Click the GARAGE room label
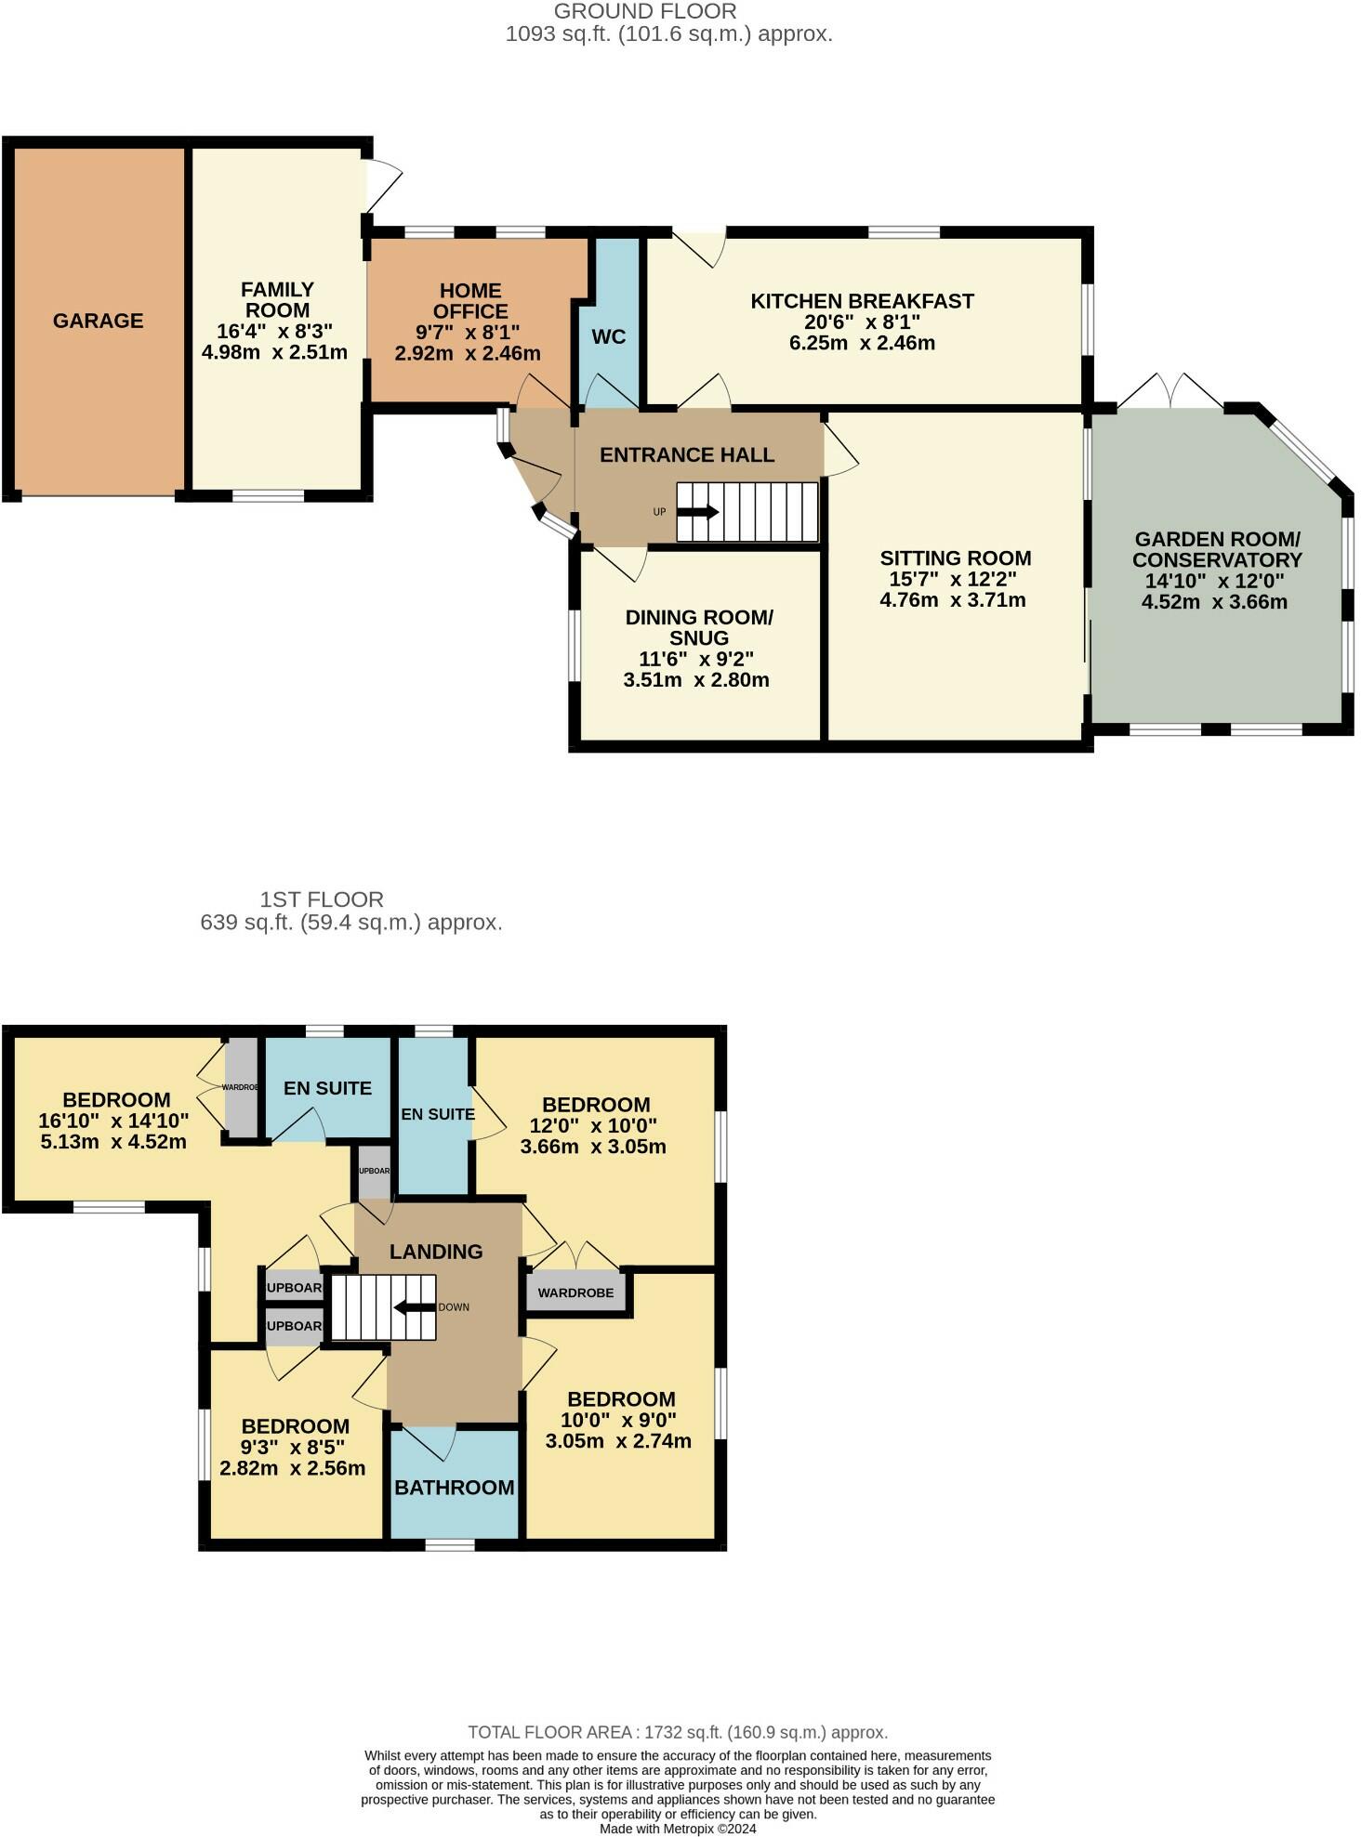[98, 321]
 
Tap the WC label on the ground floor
[609, 336]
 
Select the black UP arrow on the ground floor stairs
[699, 511]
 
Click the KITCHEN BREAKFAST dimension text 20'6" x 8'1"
[862, 322]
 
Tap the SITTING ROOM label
[955, 558]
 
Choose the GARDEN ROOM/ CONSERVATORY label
[1216, 550]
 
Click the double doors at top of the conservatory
[1170, 391]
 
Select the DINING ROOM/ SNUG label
[699, 628]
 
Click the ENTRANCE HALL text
[687, 455]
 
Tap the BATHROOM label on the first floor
[454, 1487]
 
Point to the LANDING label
[436, 1252]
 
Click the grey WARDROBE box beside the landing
[575, 1292]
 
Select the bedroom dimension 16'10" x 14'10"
[113, 1122]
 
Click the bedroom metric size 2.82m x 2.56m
[292, 1469]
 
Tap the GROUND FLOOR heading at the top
[645, 12]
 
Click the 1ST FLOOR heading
[322, 899]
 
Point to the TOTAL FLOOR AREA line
[678, 1732]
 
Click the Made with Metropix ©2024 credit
[678, 1829]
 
